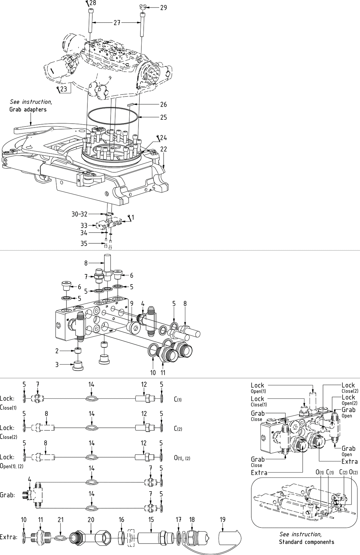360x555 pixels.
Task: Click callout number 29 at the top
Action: click(163, 7)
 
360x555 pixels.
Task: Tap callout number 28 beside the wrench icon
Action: click(93, 3)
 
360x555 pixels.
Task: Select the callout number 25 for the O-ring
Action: click(163, 117)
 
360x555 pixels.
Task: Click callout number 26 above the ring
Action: click(163, 104)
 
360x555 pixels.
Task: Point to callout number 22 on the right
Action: click(164, 149)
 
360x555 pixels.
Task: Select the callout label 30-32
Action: click(80, 214)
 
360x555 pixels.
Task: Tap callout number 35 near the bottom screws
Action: click(84, 243)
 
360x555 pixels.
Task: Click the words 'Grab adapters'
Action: click(28, 109)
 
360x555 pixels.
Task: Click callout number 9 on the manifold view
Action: click(131, 303)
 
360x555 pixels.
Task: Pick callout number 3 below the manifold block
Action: click(57, 364)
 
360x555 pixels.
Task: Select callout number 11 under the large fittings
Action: click(163, 373)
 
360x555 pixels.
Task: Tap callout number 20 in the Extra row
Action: click(91, 519)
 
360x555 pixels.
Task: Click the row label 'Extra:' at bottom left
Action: click(9, 537)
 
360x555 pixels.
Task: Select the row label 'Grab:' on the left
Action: click(8, 495)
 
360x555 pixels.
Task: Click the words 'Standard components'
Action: click(306, 542)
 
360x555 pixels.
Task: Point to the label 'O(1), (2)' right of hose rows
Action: click(182, 458)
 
